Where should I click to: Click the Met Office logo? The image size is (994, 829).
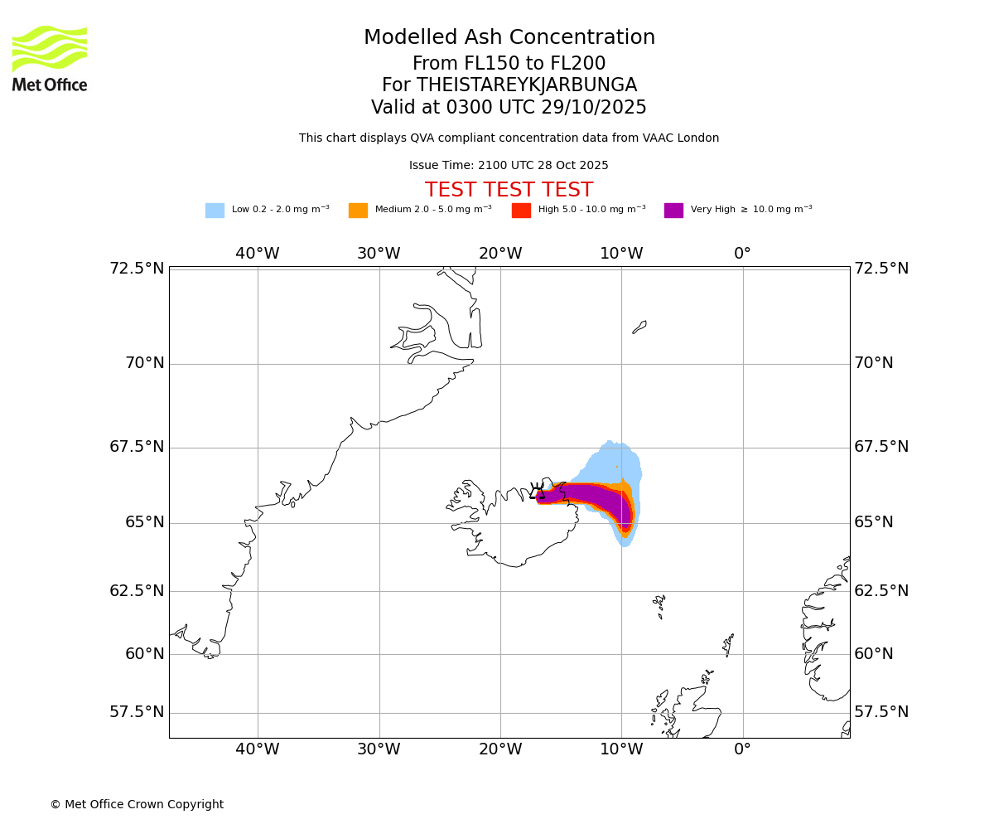[50, 58]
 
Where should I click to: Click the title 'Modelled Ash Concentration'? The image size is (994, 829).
[509, 38]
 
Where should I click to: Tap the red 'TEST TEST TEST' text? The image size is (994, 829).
[509, 191]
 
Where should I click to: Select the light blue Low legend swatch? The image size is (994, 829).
[215, 211]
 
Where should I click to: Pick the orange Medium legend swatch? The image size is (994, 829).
[358, 211]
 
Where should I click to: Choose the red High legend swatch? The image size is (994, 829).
[521, 211]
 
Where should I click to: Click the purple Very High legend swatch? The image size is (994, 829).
[673, 211]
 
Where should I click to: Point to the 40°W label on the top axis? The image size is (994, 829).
[258, 254]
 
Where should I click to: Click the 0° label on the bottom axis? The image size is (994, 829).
[743, 749]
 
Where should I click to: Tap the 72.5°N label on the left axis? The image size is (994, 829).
[137, 269]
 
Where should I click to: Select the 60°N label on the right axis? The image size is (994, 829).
[874, 654]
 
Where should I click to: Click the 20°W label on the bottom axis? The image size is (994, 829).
[500, 749]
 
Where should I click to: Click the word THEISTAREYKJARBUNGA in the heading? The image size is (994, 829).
[526, 85]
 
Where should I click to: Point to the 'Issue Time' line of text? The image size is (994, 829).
[509, 166]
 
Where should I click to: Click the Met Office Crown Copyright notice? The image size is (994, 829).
[137, 805]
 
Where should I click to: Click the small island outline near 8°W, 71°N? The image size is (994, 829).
[639, 327]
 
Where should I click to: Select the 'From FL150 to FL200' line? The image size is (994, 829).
[509, 64]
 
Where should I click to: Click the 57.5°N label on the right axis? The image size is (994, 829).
[881, 712]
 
